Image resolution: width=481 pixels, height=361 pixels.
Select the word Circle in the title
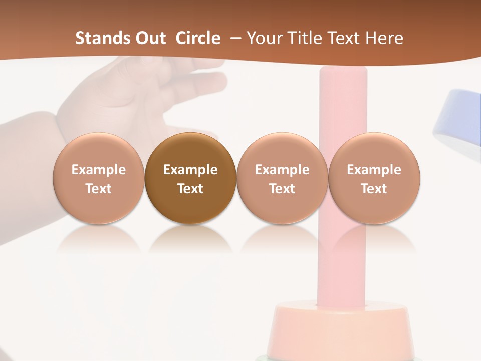coord(198,38)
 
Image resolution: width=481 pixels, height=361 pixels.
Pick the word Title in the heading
coord(307,38)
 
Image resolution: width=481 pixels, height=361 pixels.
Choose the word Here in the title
coord(385,38)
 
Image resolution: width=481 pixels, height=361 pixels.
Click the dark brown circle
coord(190,178)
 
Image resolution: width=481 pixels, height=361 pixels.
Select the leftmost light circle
coord(99,178)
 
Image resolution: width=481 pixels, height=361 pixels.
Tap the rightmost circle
coord(374,178)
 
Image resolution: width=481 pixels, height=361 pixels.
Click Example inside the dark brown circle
coord(190,170)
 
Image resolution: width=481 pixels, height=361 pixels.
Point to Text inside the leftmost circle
coord(99,189)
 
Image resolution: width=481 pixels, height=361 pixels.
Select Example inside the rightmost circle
coord(374,170)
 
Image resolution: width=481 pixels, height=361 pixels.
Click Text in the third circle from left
coord(282,189)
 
